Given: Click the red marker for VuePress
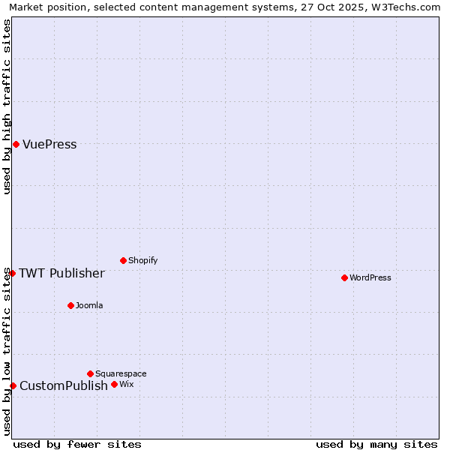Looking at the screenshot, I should tap(16, 144).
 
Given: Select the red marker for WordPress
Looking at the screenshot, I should tap(344, 277).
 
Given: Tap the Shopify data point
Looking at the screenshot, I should tap(123, 260).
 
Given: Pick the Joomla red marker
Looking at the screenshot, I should tap(70, 305).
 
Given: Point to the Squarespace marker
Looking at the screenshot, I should tap(90, 373).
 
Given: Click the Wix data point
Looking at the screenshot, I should tap(114, 384).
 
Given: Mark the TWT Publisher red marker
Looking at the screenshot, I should tap(12, 273).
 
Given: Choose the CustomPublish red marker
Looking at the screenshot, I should tap(13, 385).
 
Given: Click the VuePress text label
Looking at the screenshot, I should tap(49, 145).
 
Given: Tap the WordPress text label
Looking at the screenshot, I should tap(370, 277).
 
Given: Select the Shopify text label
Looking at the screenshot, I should tap(142, 260).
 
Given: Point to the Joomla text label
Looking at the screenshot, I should tap(89, 305).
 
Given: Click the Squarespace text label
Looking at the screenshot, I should tap(121, 373).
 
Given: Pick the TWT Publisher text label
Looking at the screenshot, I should tap(61, 273).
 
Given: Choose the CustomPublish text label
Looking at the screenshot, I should tap(64, 386).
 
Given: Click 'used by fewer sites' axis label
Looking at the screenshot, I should tap(77, 444).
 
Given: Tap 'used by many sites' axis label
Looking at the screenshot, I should tap(376, 444).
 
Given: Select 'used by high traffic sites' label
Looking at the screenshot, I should tap(7, 106).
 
